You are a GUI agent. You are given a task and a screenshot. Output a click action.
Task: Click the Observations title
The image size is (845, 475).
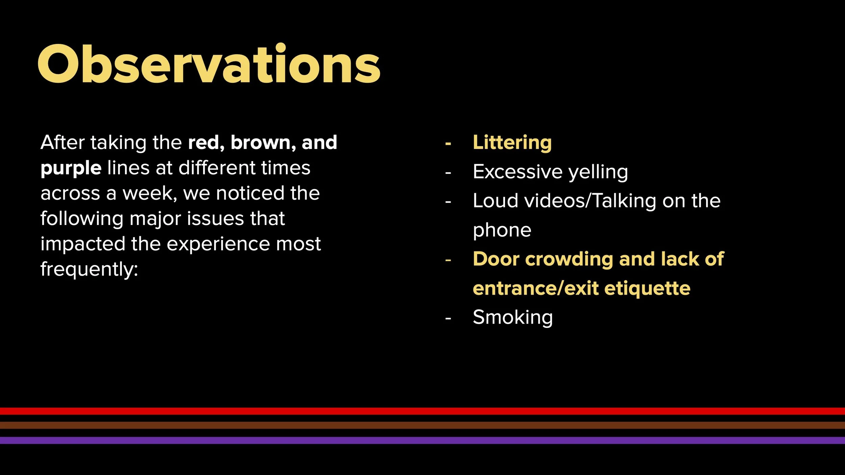coord(209,64)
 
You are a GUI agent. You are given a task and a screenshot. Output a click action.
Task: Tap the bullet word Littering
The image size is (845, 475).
coord(512,142)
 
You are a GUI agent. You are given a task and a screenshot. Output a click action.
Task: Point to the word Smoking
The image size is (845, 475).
coord(512,318)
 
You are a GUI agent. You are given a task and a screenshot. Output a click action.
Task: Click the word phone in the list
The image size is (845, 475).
coord(502,230)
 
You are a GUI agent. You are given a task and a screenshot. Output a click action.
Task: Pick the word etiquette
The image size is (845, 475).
coord(647,289)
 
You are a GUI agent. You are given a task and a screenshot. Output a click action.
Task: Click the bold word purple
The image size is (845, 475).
coord(71,168)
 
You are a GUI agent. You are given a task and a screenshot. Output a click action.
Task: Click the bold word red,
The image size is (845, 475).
coord(206,142)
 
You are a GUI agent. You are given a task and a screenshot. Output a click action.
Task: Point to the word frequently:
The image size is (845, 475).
coord(89,270)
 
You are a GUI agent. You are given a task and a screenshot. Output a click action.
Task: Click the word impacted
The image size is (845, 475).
coord(83,244)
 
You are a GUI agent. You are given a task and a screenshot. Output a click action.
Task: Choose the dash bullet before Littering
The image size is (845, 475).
coord(448,144)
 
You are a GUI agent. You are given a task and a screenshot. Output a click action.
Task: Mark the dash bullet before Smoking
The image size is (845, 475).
coord(448,318)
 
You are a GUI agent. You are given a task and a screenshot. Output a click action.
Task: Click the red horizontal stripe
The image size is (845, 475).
coord(422,411)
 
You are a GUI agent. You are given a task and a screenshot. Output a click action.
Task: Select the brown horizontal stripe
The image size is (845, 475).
coord(422,425)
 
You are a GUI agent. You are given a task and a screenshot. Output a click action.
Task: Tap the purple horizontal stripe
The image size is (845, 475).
coord(422,440)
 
